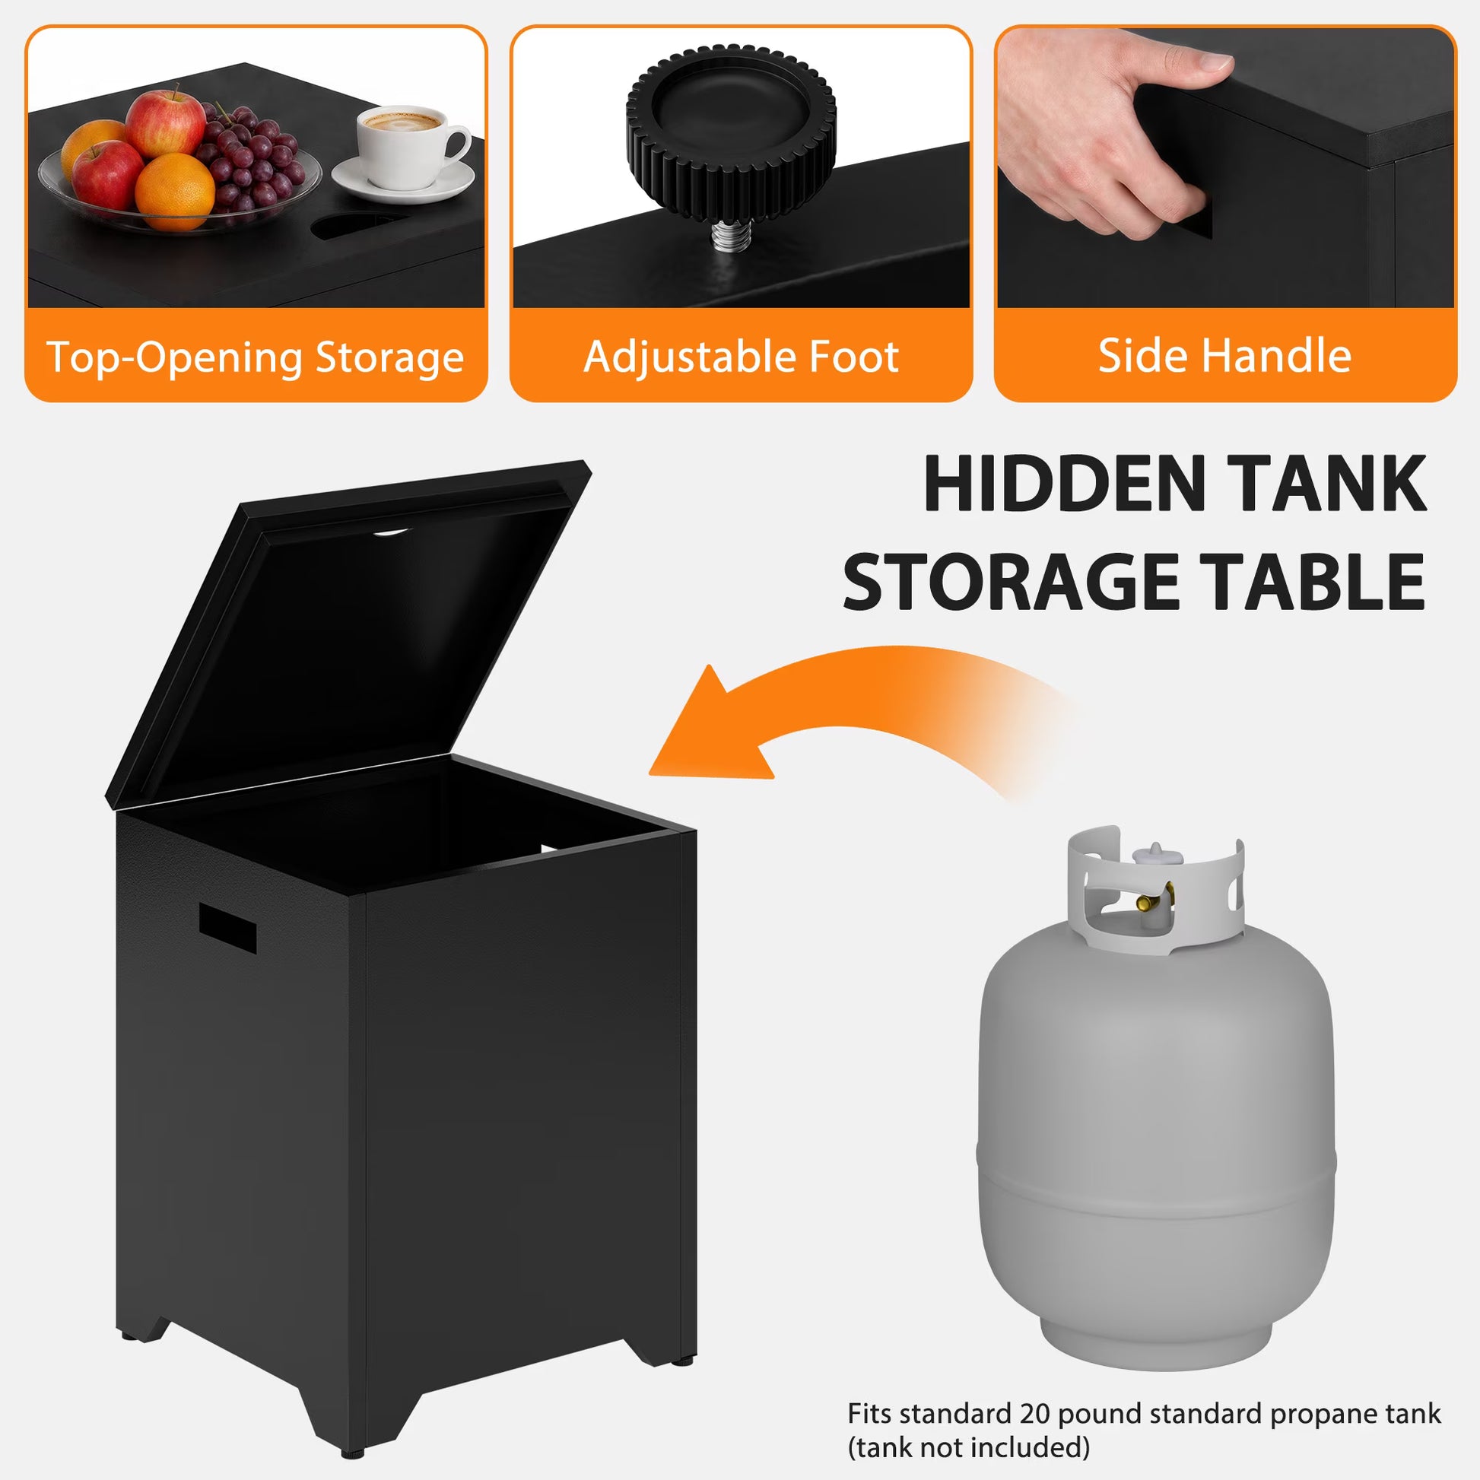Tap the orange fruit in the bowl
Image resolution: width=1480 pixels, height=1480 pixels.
click(175, 192)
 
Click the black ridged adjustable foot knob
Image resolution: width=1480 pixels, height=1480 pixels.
click(731, 136)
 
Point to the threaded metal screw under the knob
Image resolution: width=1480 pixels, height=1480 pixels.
click(729, 237)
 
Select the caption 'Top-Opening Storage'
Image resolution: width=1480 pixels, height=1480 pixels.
click(255, 357)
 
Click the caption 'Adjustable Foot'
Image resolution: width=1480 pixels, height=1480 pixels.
click(741, 356)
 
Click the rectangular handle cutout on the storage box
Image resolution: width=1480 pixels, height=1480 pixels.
click(227, 927)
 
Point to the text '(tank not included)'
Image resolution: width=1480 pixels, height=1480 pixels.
click(968, 1448)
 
